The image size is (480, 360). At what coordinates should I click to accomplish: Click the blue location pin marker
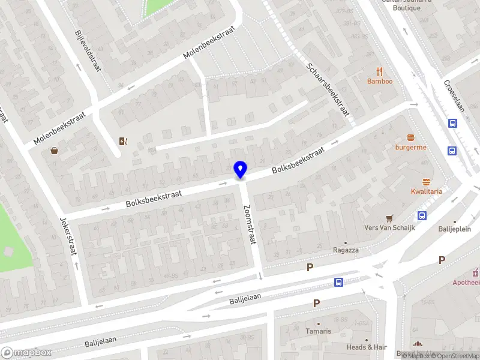point(240,169)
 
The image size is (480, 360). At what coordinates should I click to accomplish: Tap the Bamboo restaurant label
point(380,82)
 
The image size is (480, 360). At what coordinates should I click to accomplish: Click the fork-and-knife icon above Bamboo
point(380,71)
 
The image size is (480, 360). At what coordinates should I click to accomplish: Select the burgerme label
point(410,147)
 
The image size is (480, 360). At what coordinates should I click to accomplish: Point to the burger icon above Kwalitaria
point(427,181)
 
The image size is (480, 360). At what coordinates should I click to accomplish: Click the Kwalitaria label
point(427,191)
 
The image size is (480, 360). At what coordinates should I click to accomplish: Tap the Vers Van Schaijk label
point(389,228)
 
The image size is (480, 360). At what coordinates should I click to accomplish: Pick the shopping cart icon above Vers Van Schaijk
point(389,218)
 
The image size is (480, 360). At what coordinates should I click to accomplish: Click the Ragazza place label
point(346,250)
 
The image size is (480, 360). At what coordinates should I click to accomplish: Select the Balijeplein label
point(454,229)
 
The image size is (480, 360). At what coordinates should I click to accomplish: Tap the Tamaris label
point(318,331)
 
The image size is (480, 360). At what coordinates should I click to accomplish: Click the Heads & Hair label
point(367,347)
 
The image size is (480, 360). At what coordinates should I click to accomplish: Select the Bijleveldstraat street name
point(87,52)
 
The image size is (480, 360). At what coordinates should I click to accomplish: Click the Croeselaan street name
point(454,96)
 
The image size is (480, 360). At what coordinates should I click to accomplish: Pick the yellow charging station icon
point(123,142)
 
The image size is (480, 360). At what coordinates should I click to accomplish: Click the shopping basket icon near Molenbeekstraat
point(55,151)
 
